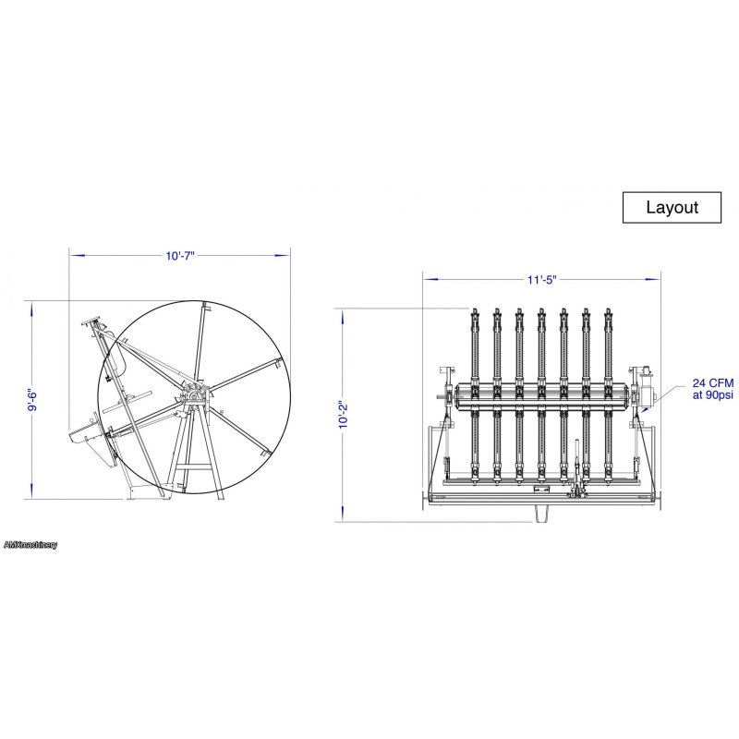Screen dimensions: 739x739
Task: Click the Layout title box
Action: pyautogui.click(x=672, y=207)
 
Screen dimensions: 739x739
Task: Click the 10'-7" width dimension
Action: pyautogui.click(x=180, y=256)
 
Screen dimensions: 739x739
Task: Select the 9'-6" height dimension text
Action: pyautogui.click(x=32, y=400)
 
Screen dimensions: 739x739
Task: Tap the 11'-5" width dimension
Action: pyautogui.click(x=542, y=280)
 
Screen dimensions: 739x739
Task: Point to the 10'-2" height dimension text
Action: pyautogui.click(x=343, y=415)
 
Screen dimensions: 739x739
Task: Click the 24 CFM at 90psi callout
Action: pyautogui.click(x=712, y=389)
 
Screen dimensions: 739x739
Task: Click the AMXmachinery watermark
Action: pyautogui.click(x=30, y=545)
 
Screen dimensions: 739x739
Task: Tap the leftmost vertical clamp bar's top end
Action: pyautogui.click(x=475, y=313)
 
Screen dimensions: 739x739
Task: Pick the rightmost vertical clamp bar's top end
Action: pyautogui.click(x=608, y=313)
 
